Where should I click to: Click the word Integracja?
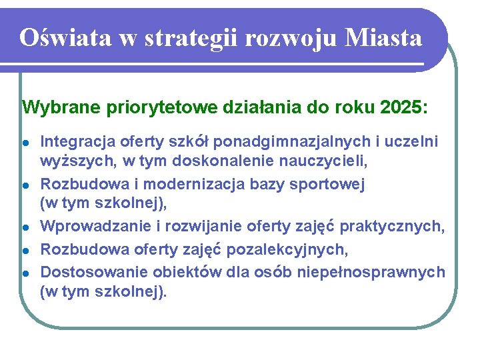tap(78, 141)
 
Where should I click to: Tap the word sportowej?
tap(329, 184)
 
